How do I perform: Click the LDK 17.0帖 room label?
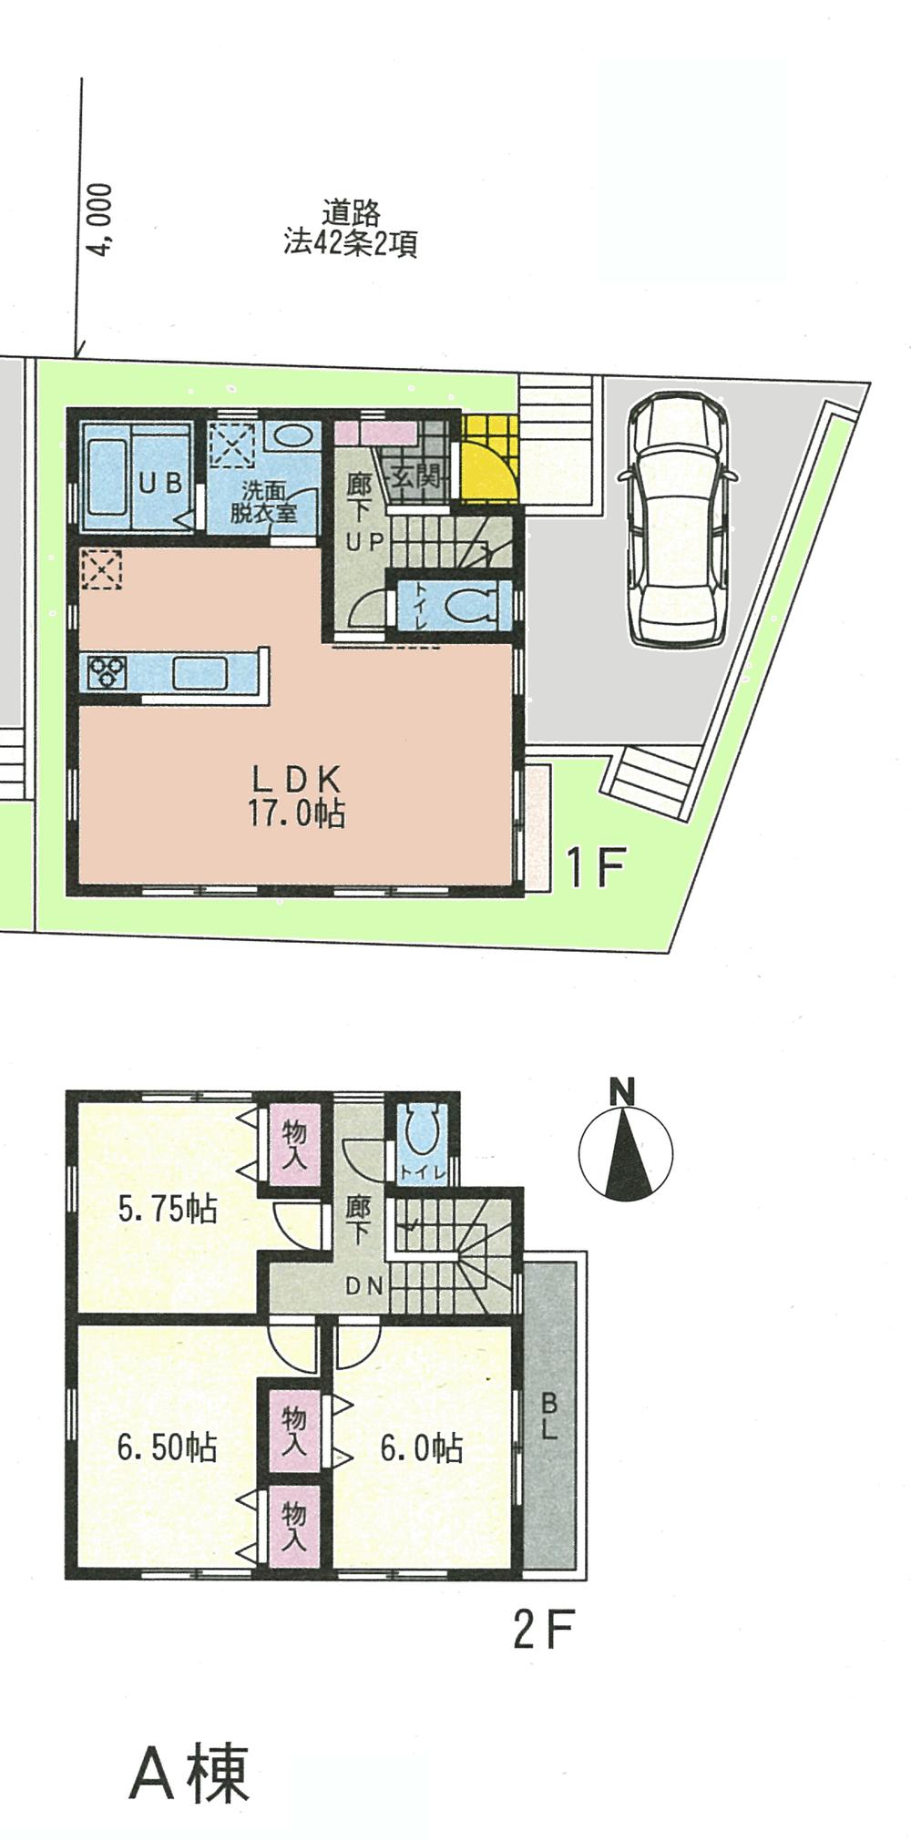point(296,796)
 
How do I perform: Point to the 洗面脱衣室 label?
point(263,503)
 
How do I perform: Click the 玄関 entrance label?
point(416,475)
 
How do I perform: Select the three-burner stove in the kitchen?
point(104,672)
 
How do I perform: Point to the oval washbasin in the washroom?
point(293,435)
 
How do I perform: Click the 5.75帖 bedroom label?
point(168,1210)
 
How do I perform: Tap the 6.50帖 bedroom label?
point(167,1447)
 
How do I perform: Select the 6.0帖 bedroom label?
point(421,1447)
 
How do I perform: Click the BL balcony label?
point(549,1417)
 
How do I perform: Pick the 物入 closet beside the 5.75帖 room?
point(293,1145)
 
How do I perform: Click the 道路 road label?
point(350,213)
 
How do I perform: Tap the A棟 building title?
point(189,1774)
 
